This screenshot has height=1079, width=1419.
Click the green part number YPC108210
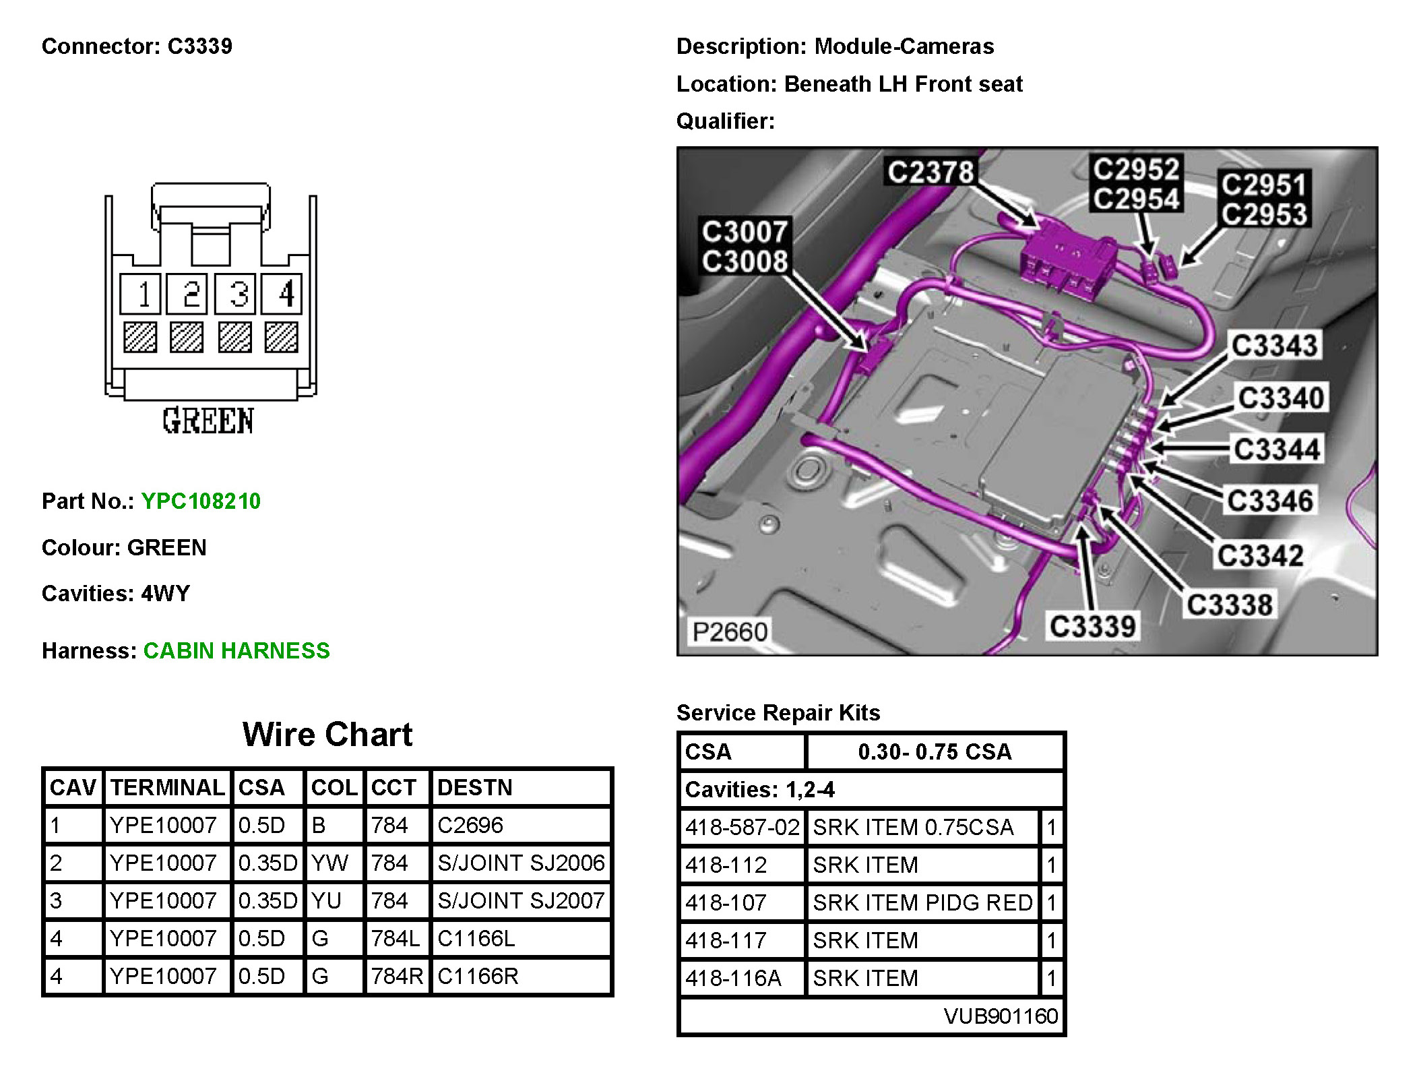coord(201,501)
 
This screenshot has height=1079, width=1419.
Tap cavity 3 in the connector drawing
coord(235,294)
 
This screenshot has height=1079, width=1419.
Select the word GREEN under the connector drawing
coord(208,421)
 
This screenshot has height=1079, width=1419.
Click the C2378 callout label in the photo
coord(931,172)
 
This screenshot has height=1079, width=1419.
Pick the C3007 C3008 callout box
coord(745,247)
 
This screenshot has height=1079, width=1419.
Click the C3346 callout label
coord(1270,501)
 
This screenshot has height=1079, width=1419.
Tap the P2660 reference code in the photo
coord(730,632)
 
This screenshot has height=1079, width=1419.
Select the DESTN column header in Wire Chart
coord(475,787)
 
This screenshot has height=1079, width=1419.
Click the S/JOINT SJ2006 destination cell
coord(521,863)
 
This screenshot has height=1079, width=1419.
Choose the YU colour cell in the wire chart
coord(327,900)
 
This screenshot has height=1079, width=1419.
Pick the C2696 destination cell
coord(470,825)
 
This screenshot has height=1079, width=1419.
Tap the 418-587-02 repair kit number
coord(742,827)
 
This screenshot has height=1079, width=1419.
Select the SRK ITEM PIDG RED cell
coord(922,902)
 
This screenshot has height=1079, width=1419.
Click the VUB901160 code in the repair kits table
coord(1001,1016)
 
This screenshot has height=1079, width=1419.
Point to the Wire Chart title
coord(327,734)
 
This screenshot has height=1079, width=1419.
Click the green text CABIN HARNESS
coord(236,650)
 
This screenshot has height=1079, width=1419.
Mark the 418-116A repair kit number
coord(733,978)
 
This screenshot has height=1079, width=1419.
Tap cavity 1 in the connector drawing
coord(141,294)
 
